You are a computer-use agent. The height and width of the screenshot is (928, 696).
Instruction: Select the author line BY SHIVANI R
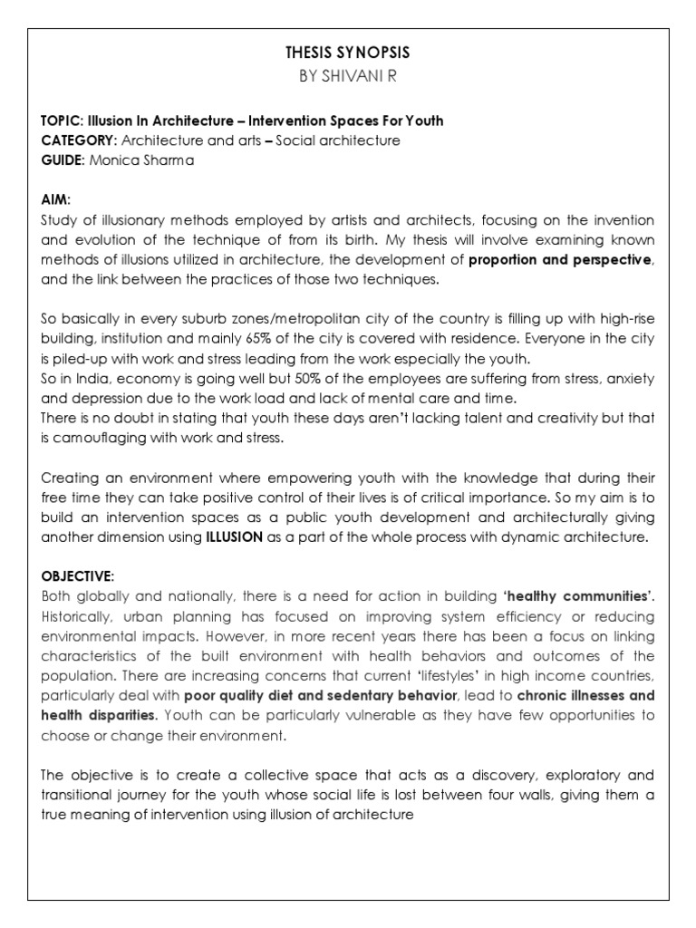(348, 78)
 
